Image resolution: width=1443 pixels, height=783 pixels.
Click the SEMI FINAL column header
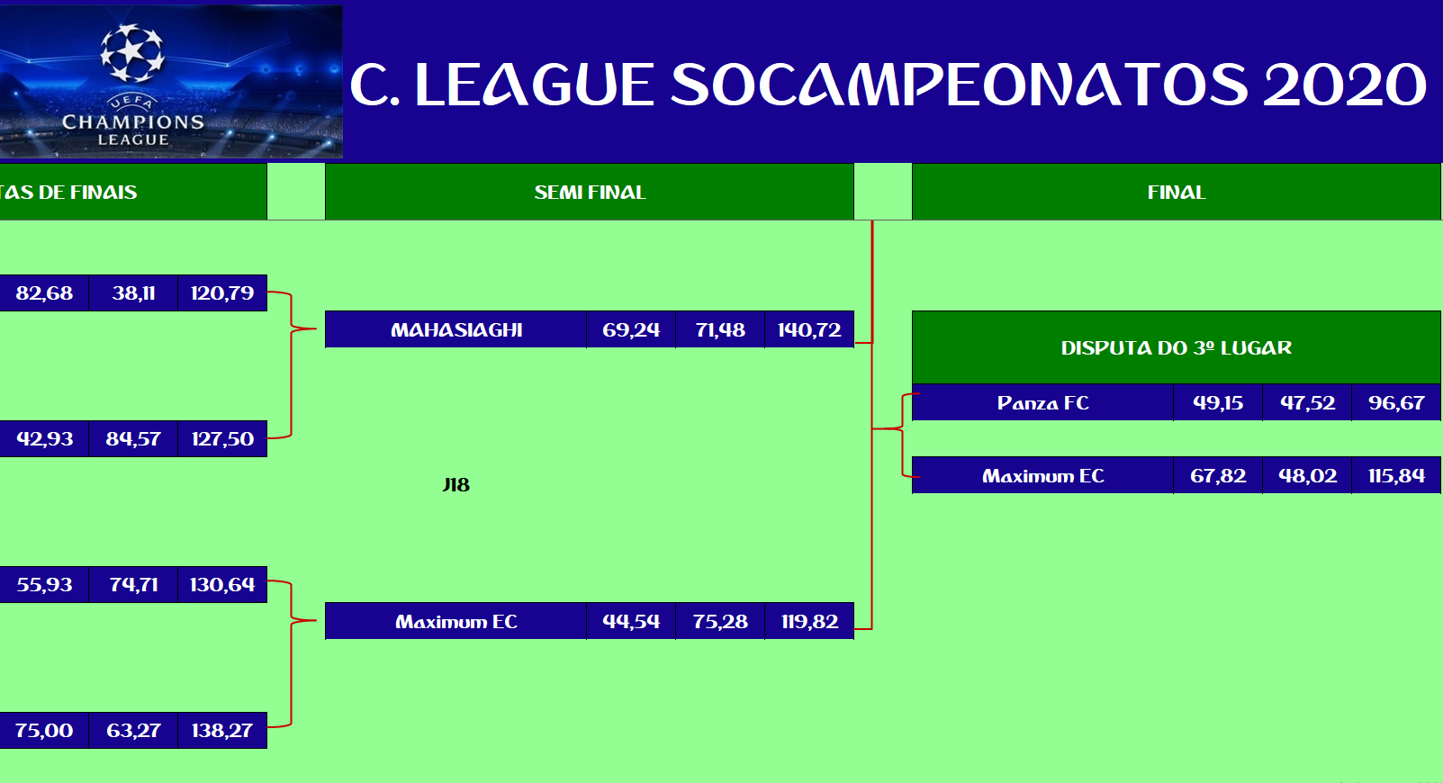coord(590,192)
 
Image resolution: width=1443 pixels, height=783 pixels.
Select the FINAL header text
coord(1177,192)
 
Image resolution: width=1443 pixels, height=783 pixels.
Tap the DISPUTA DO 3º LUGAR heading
coord(1177,347)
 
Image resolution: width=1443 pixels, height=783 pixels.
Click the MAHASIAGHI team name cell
coord(456,329)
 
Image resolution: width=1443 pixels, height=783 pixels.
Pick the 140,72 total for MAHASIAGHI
coord(809,329)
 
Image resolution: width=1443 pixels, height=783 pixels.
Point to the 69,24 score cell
coord(631,329)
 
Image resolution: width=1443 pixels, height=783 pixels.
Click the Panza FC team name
coord(1043,403)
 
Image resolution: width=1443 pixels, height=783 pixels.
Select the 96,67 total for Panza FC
coord(1396,403)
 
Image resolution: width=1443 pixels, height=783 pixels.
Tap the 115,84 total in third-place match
coord(1396,476)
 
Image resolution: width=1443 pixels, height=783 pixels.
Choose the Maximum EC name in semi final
coord(456,621)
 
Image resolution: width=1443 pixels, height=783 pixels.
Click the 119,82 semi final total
coord(809,621)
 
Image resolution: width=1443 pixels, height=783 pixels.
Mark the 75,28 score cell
coord(720,621)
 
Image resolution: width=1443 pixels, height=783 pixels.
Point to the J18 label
coord(456,485)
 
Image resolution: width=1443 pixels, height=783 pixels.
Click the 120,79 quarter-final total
coord(222,293)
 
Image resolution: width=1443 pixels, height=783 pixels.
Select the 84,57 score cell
coord(133,439)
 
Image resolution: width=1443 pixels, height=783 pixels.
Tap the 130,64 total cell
coord(222,585)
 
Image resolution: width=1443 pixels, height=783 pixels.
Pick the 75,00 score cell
coord(44,730)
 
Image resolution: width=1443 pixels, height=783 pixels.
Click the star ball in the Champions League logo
coord(132,53)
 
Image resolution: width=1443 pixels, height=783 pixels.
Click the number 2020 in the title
coord(1345,85)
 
